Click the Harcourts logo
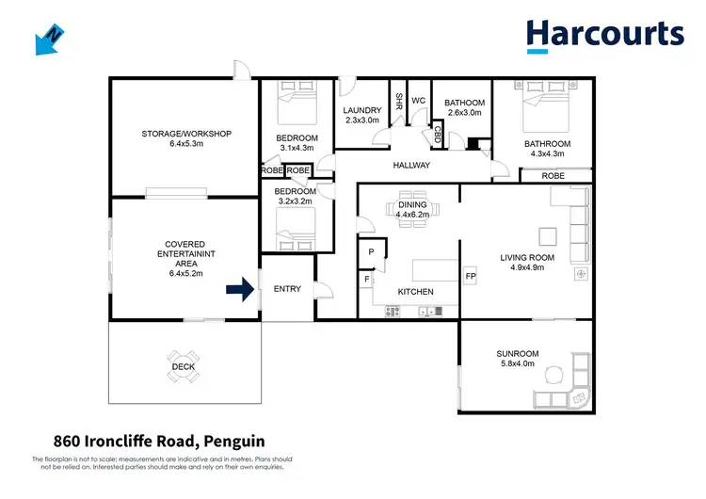(x=604, y=34)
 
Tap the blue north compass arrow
(x=46, y=39)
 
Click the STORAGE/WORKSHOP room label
(x=186, y=134)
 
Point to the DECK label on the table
(x=183, y=367)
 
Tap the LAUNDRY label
(x=361, y=109)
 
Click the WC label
(x=419, y=100)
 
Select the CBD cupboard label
(x=438, y=135)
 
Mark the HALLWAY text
(x=411, y=166)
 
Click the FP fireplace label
(x=471, y=276)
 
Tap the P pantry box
(x=371, y=252)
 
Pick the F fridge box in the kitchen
(x=367, y=280)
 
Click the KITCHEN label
(x=415, y=292)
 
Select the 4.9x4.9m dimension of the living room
(x=526, y=267)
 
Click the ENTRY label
(x=287, y=289)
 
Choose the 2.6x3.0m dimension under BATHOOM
(x=463, y=113)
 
